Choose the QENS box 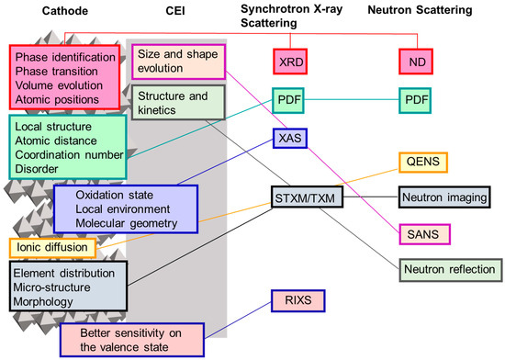point(425,161)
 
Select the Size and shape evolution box point(177,62)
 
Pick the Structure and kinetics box point(177,102)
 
